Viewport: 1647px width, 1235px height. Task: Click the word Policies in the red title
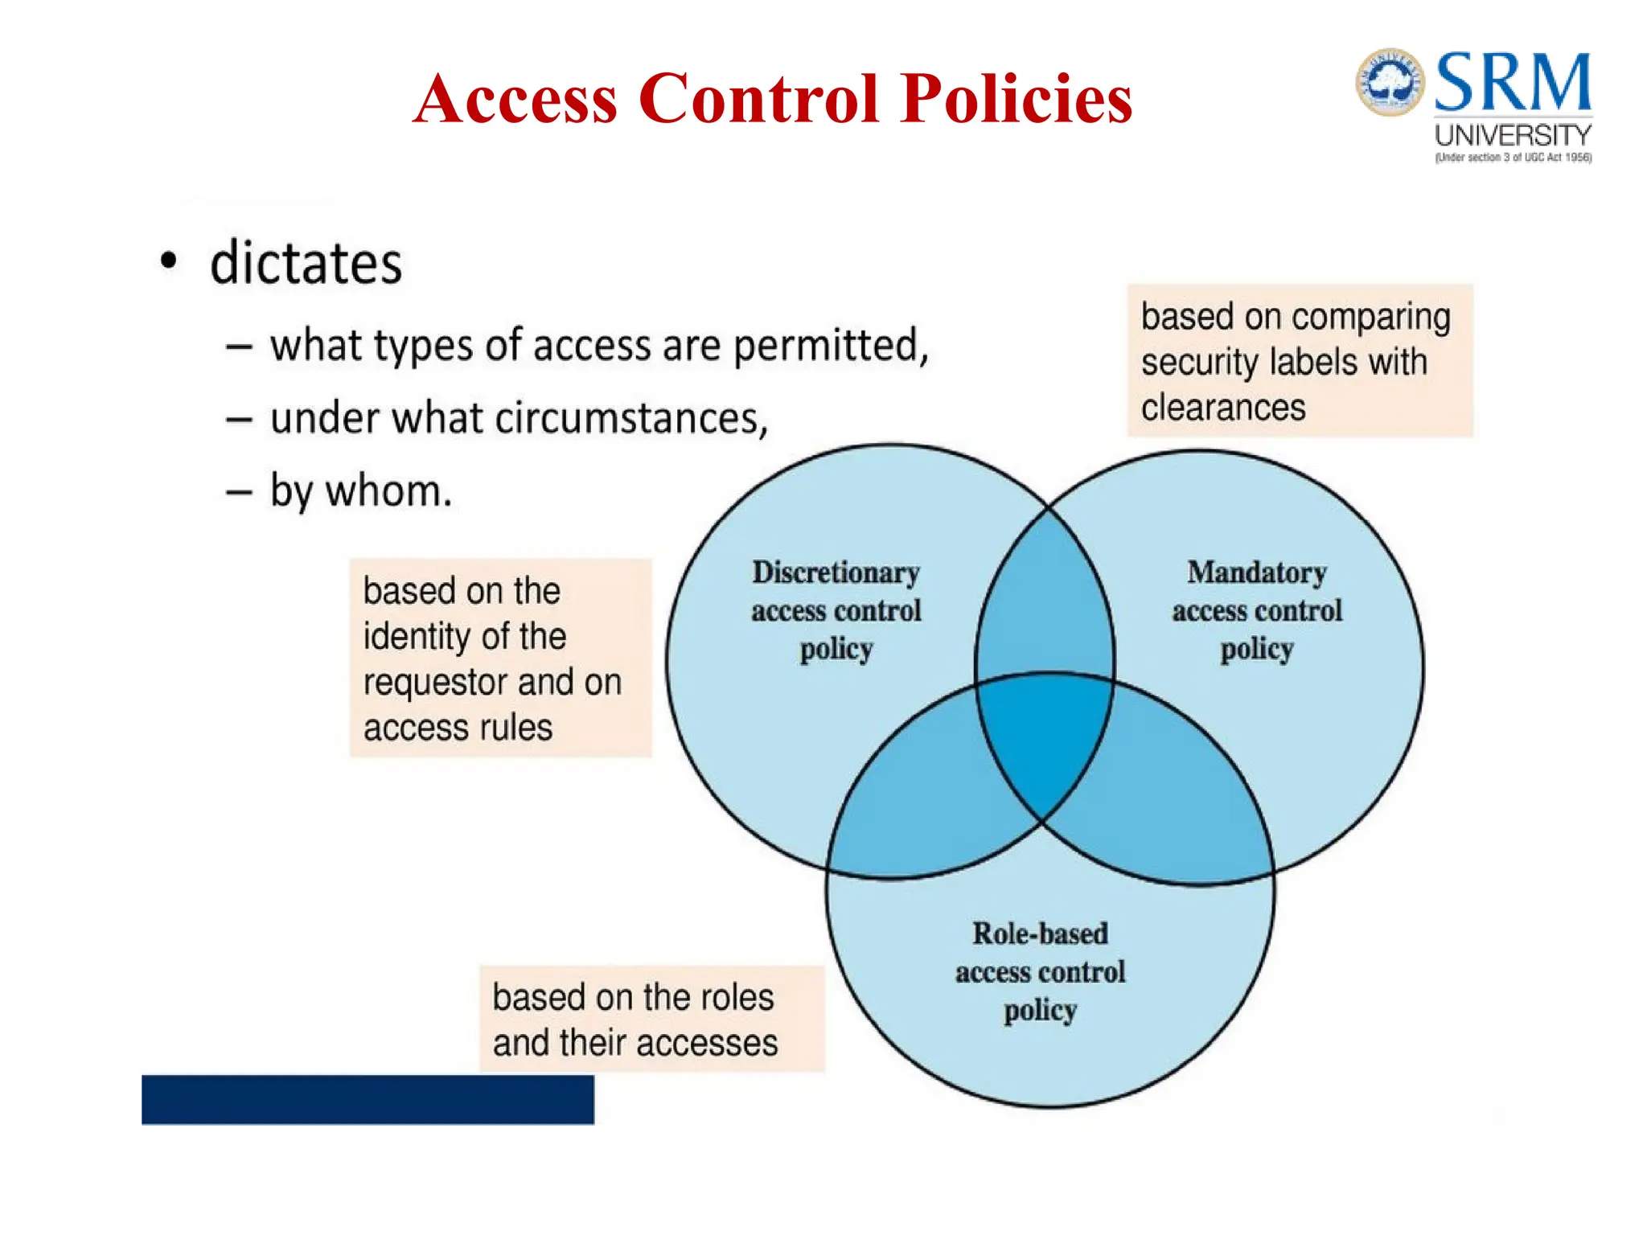[x=1016, y=100]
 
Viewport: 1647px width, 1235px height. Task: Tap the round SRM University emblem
[x=1390, y=81]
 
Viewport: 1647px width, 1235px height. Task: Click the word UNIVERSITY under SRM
[x=1513, y=135]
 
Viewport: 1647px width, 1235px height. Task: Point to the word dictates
[x=306, y=264]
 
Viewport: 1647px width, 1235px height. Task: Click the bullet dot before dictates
[x=168, y=261]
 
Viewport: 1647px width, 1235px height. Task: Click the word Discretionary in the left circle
[x=836, y=572]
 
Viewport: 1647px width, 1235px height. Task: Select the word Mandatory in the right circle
[x=1256, y=572]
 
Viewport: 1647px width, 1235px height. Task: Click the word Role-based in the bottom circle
[x=1040, y=933]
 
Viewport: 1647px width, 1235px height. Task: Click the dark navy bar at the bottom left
[x=368, y=1099]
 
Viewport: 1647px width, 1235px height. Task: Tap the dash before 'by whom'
[x=239, y=492]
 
